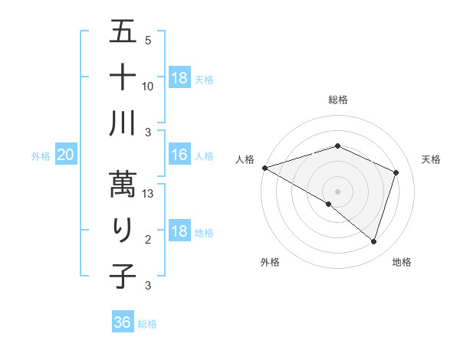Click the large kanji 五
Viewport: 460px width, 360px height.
123,33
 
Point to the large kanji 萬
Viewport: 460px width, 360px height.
123,183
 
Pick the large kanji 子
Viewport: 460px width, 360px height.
123,277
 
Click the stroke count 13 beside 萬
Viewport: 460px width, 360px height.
149,195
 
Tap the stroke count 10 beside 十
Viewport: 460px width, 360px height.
149,86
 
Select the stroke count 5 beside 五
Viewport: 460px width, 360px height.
148,41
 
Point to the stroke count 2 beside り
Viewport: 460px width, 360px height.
148,241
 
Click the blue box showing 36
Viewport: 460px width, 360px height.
123,322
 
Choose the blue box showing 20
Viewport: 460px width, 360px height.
66,155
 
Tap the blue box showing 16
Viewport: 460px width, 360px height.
179,155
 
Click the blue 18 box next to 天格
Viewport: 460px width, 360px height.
179,78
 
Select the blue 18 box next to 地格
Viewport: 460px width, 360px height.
179,232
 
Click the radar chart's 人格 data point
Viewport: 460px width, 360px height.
264,167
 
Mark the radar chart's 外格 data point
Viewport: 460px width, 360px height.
329,205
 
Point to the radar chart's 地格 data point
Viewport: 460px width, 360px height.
373,242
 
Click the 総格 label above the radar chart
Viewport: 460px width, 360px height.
337,100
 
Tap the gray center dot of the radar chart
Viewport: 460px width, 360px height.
337,191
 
